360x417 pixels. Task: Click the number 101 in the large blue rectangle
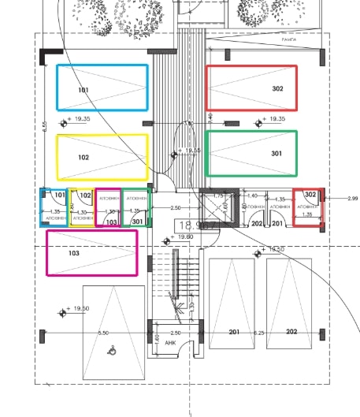[x=84, y=90]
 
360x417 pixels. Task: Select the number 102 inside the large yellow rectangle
[x=84, y=158]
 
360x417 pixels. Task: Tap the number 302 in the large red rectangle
[x=277, y=89]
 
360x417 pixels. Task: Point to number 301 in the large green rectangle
[x=276, y=154]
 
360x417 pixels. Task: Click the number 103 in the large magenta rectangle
[x=73, y=254]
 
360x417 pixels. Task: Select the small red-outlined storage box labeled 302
[x=308, y=207]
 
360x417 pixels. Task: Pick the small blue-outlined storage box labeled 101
[x=55, y=208]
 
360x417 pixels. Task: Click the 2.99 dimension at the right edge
[x=351, y=199]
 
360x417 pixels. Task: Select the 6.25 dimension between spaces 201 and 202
[x=259, y=333]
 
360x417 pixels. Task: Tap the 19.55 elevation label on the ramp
[x=190, y=150]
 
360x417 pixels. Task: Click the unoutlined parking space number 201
[x=233, y=332]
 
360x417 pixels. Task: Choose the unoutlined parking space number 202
[x=291, y=332]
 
